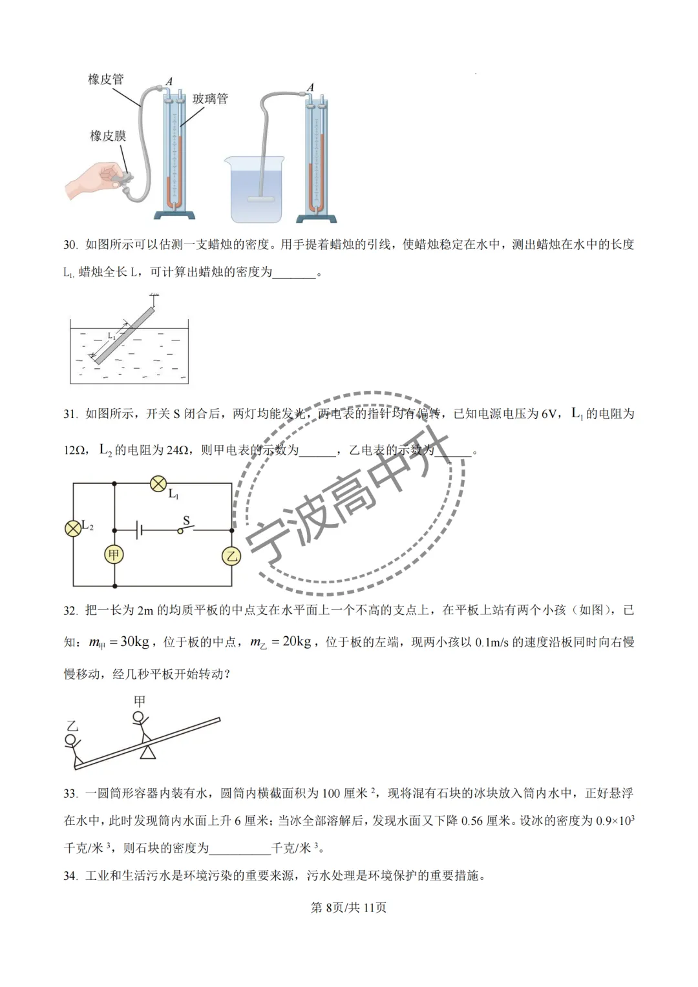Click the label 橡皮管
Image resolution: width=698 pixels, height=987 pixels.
coord(105,79)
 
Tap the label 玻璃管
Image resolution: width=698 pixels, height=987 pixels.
coord(210,99)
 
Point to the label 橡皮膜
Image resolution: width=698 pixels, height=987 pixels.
coord(108,136)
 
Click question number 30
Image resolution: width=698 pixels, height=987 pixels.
coord(70,245)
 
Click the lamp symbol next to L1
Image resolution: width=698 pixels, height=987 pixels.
coord(158,483)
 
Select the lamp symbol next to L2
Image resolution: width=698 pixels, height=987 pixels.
coord(73,528)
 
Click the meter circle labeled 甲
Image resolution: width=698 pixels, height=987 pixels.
coord(114,555)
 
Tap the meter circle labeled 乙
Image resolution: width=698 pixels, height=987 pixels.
coord(231,556)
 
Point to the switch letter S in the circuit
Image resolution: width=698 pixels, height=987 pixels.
coord(187,521)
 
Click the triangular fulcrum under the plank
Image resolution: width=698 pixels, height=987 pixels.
coord(149,752)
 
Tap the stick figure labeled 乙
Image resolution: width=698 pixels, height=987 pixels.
coord(73,749)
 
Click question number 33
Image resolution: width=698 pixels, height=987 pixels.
coord(70,793)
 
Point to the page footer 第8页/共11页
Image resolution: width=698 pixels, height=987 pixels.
coord(348,908)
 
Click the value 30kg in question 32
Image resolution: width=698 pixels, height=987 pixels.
coord(134,641)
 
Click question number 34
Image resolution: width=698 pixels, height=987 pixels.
coord(70,876)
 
